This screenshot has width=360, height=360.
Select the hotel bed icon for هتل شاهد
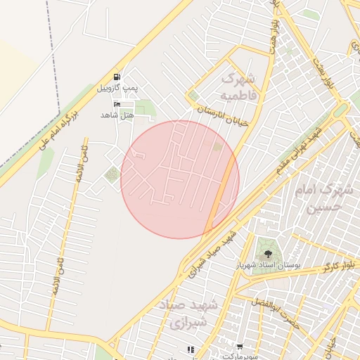tap(117, 104)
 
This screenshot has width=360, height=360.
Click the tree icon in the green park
tap(266, 252)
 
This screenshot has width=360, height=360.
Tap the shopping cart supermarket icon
tap(240, 347)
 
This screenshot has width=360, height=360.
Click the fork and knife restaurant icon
tap(189, 349)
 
